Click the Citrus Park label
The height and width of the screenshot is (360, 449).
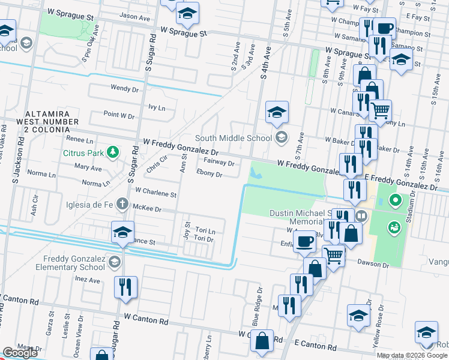pos(82,152)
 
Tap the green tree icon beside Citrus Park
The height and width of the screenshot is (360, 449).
pos(111,152)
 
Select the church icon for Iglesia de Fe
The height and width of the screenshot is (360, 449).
pos(122,203)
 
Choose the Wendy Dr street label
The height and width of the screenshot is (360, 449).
pos(124,88)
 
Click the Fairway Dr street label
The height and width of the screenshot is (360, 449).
pos(218,162)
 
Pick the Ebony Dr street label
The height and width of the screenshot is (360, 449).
pos(209,175)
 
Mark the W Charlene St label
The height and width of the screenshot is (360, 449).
pos(155,194)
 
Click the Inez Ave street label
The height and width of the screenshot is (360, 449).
pos(88,280)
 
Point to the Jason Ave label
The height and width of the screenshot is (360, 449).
pos(134,17)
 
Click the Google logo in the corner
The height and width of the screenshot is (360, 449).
pos(20,353)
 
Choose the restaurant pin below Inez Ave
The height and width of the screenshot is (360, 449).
pos(126,287)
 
